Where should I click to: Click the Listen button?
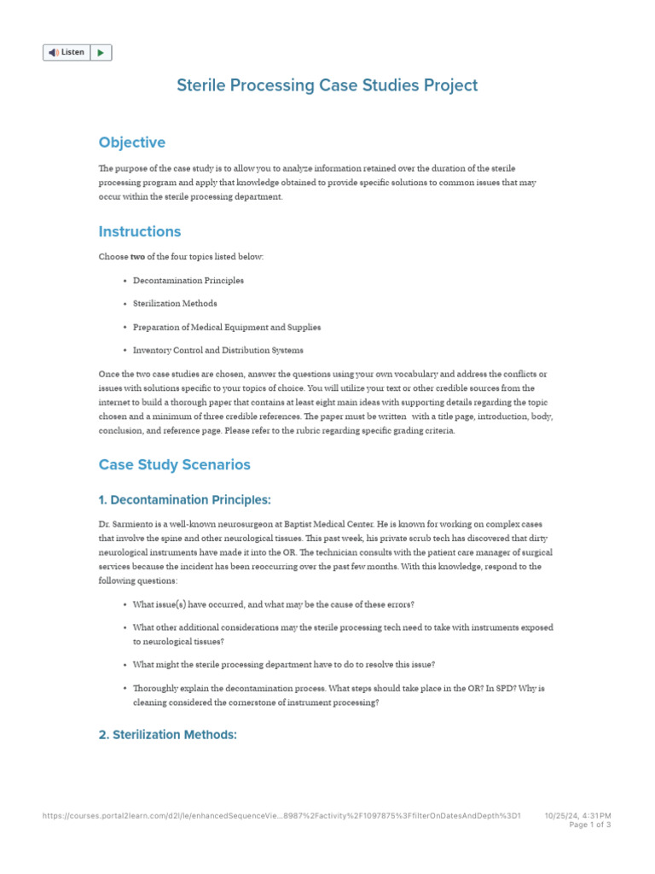(x=67, y=53)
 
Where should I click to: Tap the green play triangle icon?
(x=101, y=53)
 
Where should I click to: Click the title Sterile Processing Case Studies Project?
(x=327, y=85)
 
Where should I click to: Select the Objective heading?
(x=131, y=143)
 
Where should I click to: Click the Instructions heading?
(x=140, y=231)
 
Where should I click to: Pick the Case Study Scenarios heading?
(x=175, y=465)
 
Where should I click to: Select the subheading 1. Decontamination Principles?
(x=184, y=500)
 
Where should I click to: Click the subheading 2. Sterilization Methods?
(x=167, y=734)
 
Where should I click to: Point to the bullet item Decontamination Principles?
(x=188, y=280)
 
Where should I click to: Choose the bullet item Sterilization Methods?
(x=175, y=303)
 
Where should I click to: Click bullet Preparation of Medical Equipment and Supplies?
(x=227, y=327)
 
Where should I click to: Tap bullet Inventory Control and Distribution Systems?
(x=218, y=350)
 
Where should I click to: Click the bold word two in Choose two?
(x=136, y=257)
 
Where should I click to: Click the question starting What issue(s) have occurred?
(x=274, y=604)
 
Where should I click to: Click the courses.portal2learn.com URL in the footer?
(x=281, y=816)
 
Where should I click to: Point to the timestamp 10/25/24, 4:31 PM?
(x=577, y=816)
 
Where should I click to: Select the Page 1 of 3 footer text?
(x=589, y=825)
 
